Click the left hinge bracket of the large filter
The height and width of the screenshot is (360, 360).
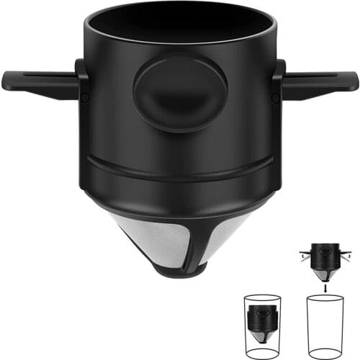[83, 86]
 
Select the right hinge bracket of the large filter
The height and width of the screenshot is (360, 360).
[278, 86]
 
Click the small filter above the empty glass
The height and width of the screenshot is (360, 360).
[325, 259]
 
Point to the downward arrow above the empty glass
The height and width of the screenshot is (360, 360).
[325, 286]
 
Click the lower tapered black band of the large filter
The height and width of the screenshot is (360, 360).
[180, 194]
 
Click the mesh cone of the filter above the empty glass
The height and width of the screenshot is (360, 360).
[325, 274]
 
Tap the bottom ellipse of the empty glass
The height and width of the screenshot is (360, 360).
[325, 353]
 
